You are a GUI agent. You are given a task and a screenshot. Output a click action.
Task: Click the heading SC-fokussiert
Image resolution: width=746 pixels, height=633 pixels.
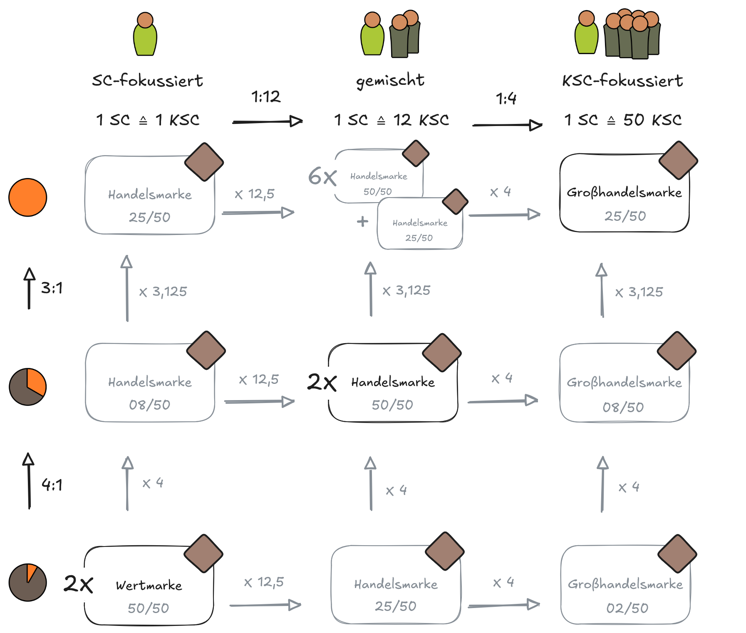click(x=147, y=80)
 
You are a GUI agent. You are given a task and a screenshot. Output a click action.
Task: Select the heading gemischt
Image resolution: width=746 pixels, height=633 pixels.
click(x=390, y=80)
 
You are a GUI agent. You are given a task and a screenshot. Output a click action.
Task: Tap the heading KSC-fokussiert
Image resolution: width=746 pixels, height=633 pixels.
click(x=622, y=80)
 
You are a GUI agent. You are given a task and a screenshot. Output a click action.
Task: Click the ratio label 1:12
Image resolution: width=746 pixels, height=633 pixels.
click(x=266, y=97)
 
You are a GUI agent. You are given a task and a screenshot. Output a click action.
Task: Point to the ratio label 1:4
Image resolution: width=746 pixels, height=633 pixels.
click(x=506, y=99)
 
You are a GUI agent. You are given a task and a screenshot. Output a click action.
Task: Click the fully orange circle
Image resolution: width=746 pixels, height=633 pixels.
click(x=28, y=198)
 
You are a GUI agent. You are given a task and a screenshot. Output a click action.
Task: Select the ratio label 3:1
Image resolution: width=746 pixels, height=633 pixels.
click(x=52, y=288)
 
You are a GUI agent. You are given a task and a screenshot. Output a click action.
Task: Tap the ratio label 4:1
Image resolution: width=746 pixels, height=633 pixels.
click(x=52, y=485)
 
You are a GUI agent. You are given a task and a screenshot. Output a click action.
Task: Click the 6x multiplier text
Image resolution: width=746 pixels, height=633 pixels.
click(x=322, y=177)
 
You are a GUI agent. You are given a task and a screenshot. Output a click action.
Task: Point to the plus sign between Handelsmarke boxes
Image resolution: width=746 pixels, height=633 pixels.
click(x=362, y=221)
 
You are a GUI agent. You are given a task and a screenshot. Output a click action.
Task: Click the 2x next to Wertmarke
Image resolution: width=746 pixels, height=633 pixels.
click(x=78, y=584)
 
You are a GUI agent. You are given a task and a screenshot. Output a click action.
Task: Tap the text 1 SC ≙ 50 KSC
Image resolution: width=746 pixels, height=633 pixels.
click(x=623, y=120)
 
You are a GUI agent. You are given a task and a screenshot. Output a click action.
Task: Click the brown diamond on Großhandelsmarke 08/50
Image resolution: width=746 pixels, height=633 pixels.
click(x=677, y=351)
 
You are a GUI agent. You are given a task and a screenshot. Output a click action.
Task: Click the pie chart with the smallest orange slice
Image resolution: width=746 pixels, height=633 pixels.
click(x=28, y=582)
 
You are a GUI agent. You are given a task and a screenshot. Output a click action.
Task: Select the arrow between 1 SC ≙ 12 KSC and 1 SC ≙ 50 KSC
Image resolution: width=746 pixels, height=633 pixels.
click(x=507, y=125)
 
